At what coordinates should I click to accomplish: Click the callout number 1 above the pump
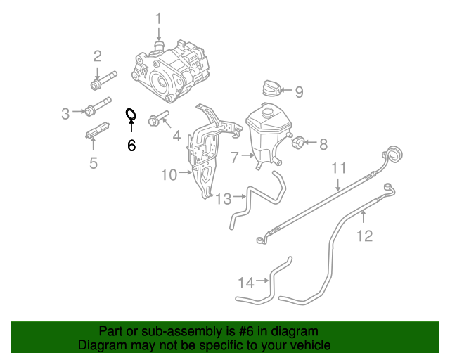tap(158, 18)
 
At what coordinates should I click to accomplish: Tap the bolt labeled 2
tap(101, 81)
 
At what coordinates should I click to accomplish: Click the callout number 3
tap(65, 113)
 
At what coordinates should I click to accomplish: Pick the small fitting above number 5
tap(97, 131)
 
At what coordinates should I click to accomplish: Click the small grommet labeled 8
tap(298, 143)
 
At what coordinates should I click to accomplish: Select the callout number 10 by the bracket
tap(169, 174)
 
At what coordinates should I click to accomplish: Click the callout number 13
tap(223, 199)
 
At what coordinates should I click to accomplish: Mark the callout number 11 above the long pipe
tap(339, 168)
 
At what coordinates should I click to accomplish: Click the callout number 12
tap(364, 236)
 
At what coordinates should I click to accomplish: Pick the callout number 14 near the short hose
tap(245, 283)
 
